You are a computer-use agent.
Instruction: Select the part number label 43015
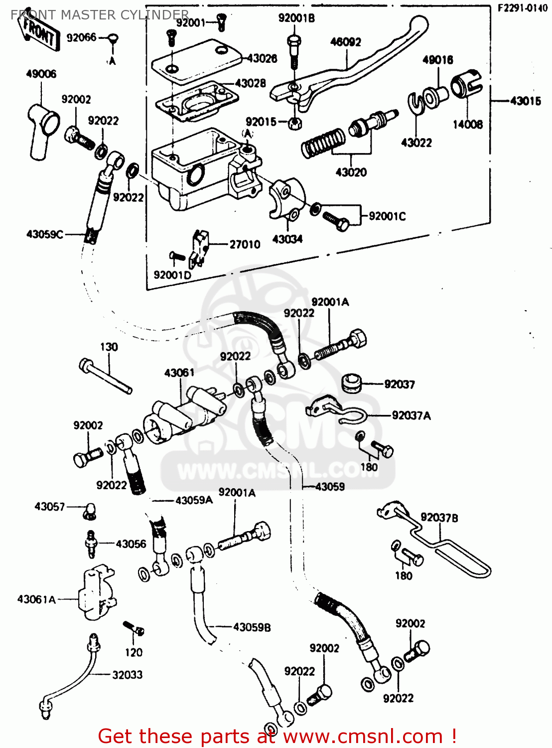(x=525, y=101)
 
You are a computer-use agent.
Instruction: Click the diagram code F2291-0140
(x=523, y=8)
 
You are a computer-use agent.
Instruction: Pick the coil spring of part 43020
(x=323, y=142)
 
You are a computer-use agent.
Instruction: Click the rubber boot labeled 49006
(x=42, y=130)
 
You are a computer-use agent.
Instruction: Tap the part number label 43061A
(x=36, y=599)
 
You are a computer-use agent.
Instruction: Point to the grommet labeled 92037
(x=352, y=382)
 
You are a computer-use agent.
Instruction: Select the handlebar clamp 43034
(x=285, y=199)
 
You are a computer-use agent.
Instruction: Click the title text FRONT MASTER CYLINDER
(x=100, y=15)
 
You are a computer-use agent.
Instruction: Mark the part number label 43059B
(x=252, y=627)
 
